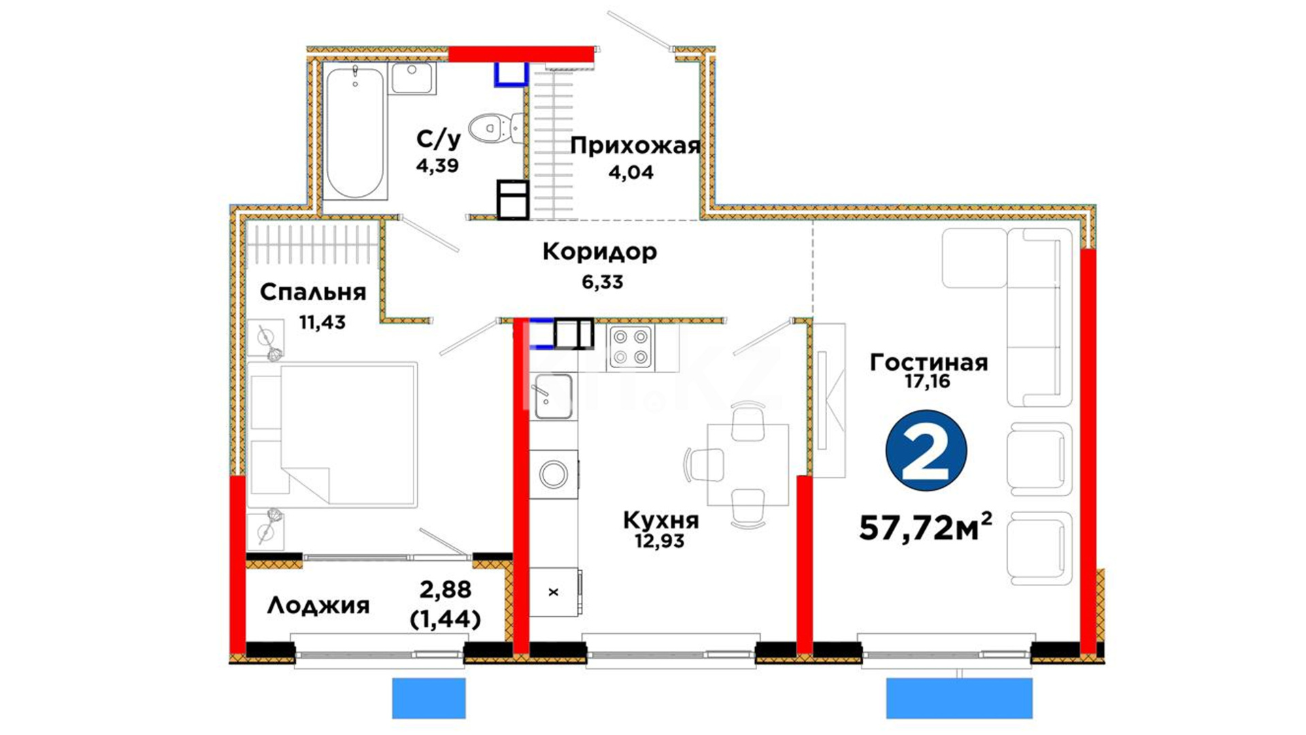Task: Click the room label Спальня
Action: (313, 293)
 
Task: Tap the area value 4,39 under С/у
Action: (437, 165)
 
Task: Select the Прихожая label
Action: (635, 146)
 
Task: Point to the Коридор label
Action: (600, 252)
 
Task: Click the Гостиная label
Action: (928, 362)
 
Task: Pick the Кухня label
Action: (660, 521)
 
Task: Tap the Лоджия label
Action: (318, 605)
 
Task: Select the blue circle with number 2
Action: (926, 451)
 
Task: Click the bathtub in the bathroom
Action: (354, 132)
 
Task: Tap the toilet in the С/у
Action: (495, 128)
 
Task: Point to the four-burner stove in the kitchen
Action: (631, 347)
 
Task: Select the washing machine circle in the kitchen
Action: (554, 474)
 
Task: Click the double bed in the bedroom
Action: (333, 434)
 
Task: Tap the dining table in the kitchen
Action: (748, 465)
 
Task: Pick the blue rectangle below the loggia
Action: (429, 698)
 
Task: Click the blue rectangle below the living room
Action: (959, 698)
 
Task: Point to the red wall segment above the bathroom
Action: (522, 54)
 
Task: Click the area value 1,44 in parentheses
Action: (446, 619)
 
